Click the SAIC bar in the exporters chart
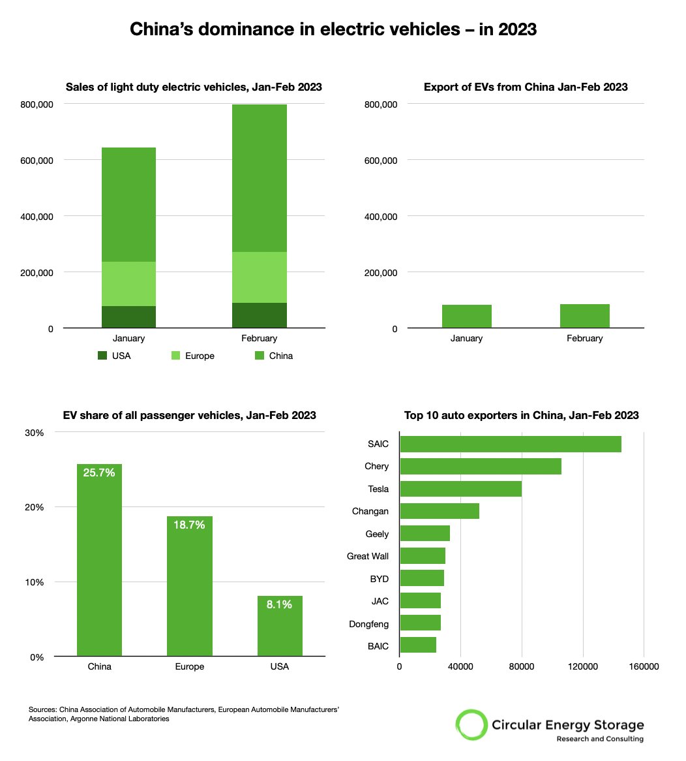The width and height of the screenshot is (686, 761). [x=510, y=444]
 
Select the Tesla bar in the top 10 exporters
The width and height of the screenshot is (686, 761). [x=460, y=489]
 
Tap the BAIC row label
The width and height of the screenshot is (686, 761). [x=378, y=646]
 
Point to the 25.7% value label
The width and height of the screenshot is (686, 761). [x=99, y=473]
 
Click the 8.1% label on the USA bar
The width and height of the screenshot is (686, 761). [x=279, y=604]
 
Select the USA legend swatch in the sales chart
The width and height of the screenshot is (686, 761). [x=102, y=356]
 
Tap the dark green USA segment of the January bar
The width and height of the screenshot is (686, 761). [x=128, y=317]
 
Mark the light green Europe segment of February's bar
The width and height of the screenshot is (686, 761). [x=259, y=277]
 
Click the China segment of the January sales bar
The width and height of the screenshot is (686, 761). [x=128, y=204]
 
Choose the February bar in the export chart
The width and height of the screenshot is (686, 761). [x=584, y=316]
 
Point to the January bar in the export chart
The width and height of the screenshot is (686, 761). [x=466, y=317]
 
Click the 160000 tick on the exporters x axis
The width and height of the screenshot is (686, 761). [x=644, y=666]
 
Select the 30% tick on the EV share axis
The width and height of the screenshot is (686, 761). [x=35, y=433]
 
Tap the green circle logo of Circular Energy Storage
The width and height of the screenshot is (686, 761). [x=471, y=724]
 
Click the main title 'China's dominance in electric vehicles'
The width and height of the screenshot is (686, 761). [x=333, y=29]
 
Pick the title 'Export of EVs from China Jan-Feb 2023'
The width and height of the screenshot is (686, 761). [x=526, y=87]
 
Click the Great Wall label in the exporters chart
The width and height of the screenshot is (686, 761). [x=368, y=556]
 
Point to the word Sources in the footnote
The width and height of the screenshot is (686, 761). [x=42, y=709]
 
